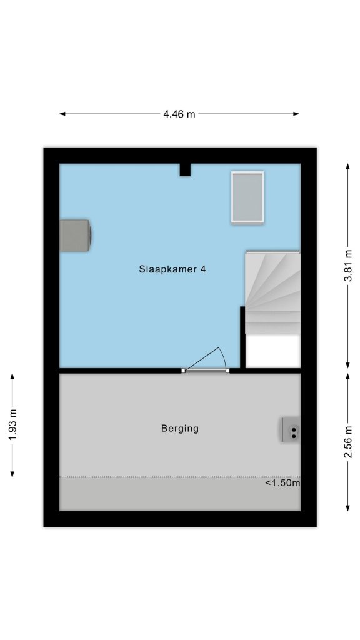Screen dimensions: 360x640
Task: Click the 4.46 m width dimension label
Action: pyautogui.click(x=179, y=114)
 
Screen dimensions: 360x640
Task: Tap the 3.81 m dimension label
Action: pyautogui.click(x=347, y=265)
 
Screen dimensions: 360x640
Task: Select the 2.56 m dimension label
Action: pyautogui.click(x=347, y=441)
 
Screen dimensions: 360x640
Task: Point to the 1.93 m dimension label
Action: pyautogui.click(x=12, y=425)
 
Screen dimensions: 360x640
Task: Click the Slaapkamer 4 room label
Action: pyautogui.click(x=172, y=269)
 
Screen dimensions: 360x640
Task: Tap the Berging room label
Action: pyautogui.click(x=180, y=429)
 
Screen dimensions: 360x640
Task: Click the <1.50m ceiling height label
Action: pyautogui.click(x=283, y=483)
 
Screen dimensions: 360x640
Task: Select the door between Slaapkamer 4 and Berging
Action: pyautogui.click(x=205, y=361)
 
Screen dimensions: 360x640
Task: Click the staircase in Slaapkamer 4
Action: pyautogui.click(x=272, y=292)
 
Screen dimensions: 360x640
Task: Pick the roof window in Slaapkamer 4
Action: pyautogui.click(x=247, y=197)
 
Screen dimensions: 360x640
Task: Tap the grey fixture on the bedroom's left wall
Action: pyautogui.click(x=76, y=236)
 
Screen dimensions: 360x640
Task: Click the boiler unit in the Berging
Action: pyautogui.click(x=291, y=429)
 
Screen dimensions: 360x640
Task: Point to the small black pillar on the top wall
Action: pyautogui.click(x=185, y=170)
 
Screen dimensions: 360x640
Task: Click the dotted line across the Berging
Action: pyautogui.click(x=180, y=477)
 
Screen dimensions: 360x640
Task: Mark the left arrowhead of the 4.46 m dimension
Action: pyautogui.click(x=62, y=114)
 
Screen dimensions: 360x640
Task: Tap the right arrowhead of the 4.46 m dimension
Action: pyautogui.click(x=296, y=114)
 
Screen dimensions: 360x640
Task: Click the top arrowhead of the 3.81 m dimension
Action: pyautogui.click(x=347, y=166)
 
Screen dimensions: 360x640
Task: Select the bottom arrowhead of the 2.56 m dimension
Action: pyautogui.click(x=347, y=507)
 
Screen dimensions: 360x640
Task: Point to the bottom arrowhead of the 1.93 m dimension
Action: pyautogui.click(x=12, y=474)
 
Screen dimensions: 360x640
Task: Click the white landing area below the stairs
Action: pyautogui.click(x=273, y=351)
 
